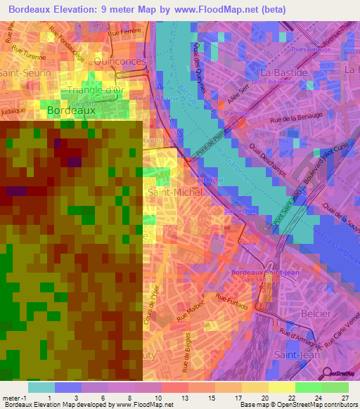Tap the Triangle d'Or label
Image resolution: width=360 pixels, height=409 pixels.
click(x=95, y=90)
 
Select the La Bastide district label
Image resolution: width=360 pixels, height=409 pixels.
click(x=284, y=72)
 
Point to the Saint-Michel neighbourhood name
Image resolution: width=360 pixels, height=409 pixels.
click(x=171, y=191)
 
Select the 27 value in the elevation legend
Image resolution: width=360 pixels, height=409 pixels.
click(x=345, y=398)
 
